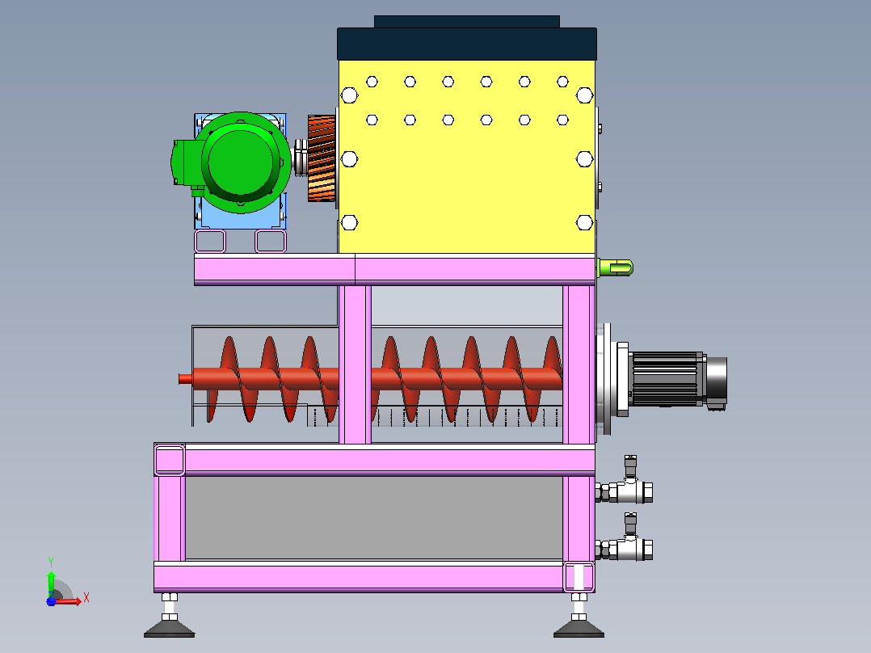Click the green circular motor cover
[x=241, y=162]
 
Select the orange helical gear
[x=322, y=159]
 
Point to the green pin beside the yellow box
[x=615, y=268]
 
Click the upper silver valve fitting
[x=625, y=483]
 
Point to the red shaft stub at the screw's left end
[x=186, y=379]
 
